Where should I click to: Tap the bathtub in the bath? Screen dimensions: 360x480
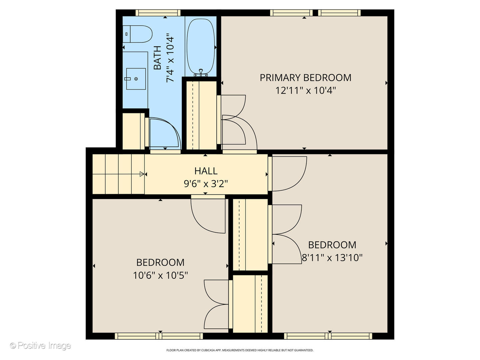coord(201,47)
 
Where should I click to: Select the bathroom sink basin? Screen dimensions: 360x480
coord(136,79)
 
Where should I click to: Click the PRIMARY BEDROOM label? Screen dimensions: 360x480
coord(305,78)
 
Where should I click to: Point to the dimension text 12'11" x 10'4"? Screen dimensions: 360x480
coord(305,90)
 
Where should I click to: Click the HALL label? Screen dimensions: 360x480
coord(206,171)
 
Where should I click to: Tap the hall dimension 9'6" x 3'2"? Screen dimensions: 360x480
coord(206,184)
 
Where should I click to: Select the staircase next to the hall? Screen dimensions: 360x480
coord(118,174)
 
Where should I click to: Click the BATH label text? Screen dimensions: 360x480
coord(157,57)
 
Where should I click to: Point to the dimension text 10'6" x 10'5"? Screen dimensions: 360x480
coord(160,275)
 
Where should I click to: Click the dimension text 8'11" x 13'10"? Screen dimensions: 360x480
coord(332,258)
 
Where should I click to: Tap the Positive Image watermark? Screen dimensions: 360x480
coord(40,346)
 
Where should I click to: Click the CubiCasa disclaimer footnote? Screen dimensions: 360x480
coord(240,350)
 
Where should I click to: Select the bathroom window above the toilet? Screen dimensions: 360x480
coord(158,13)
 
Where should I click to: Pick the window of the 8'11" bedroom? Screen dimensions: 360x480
coord(328,336)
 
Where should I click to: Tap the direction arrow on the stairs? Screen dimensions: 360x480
coord(142,174)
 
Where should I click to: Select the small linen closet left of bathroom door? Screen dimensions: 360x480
coord(133,131)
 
